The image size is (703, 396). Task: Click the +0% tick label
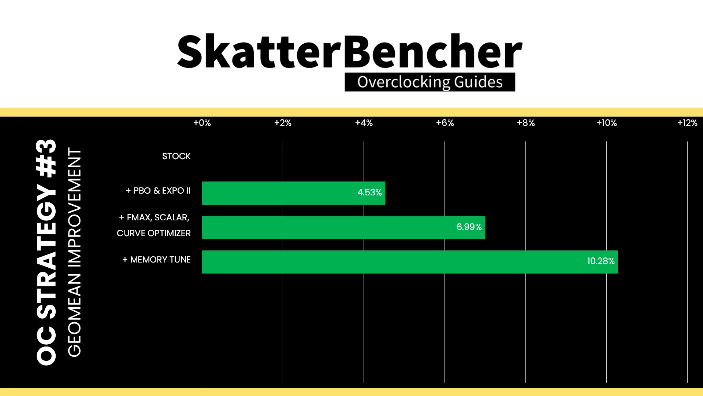coord(202,123)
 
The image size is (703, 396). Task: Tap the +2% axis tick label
coord(283,123)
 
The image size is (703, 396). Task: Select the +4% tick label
coord(364,123)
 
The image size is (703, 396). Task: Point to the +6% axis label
coord(445,123)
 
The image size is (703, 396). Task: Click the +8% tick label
coord(526,123)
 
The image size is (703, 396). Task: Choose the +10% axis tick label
coord(607,123)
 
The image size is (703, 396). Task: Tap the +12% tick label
coord(687,123)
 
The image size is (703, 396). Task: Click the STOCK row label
coord(176,156)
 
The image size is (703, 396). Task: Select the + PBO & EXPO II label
coord(158,191)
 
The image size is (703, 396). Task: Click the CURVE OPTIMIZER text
coord(154,233)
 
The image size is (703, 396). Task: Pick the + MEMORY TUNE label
coord(157,260)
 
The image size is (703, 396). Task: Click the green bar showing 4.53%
coord(294,193)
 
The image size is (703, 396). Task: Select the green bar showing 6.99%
coord(343,227)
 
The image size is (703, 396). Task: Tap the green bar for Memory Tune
coord(410,262)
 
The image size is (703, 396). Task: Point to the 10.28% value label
coord(601,261)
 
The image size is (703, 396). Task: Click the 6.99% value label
coord(469,227)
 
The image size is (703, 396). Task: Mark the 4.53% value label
coord(369,192)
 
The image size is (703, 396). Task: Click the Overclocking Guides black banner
coord(430,82)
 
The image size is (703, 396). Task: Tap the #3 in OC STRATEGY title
coord(47,158)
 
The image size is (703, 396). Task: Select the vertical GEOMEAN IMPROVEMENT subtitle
coord(74,252)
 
